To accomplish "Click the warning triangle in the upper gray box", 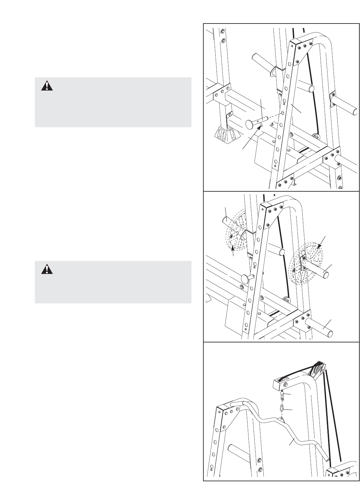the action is click(x=47, y=86).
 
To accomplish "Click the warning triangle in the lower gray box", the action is click(x=47, y=269).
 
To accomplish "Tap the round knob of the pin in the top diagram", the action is click(x=250, y=124).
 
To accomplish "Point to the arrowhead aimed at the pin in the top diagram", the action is click(x=260, y=128).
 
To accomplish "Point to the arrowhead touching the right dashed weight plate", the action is click(x=319, y=247).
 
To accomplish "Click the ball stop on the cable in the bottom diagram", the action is click(x=281, y=393).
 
